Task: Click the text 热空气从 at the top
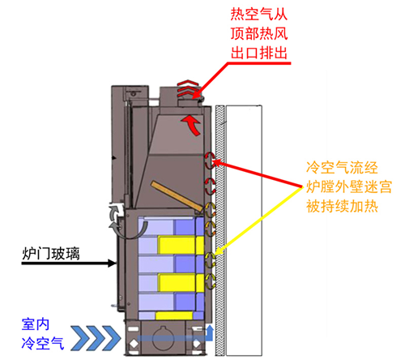pos(259,15)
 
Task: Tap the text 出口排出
pos(259,54)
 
